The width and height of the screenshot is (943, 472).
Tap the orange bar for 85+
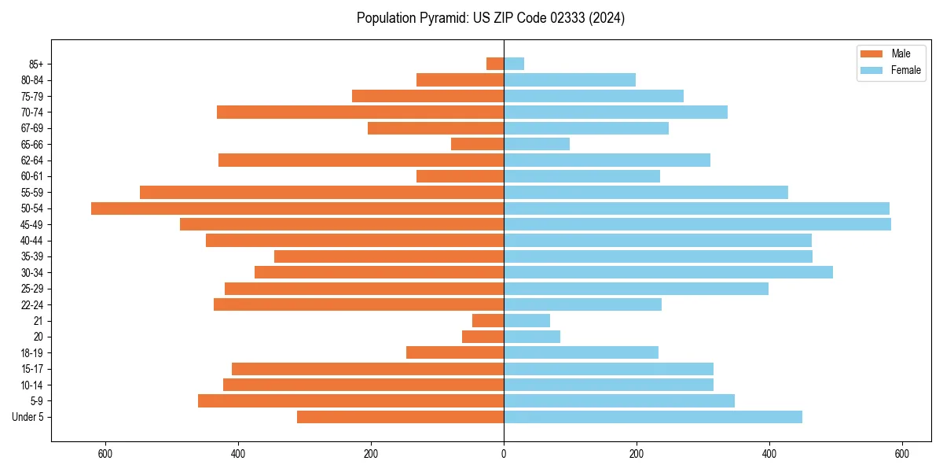tap(495, 64)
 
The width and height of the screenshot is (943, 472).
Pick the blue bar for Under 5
tap(652, 417)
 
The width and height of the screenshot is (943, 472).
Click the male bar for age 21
tap(488, 321)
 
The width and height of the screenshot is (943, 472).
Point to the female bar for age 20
tap(532, 337)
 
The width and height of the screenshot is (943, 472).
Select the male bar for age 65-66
tap(477, 144)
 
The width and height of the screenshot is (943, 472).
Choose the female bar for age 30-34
tap(668, 272)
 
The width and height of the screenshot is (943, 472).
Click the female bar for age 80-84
tap(570, 80)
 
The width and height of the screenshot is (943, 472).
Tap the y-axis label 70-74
tap(32, 112)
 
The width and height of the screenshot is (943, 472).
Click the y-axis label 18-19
tap(32, 353)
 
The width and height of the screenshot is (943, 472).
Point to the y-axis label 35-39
tap(32, 256)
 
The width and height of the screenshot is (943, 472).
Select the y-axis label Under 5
tap(28, 417)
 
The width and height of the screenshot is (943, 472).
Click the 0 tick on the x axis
tap(504, 454)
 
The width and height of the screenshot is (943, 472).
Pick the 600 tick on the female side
tap(902, 454)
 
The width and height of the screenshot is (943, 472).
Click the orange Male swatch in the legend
tap(871, 53)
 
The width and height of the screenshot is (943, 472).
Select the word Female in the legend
tap(905, 70)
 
